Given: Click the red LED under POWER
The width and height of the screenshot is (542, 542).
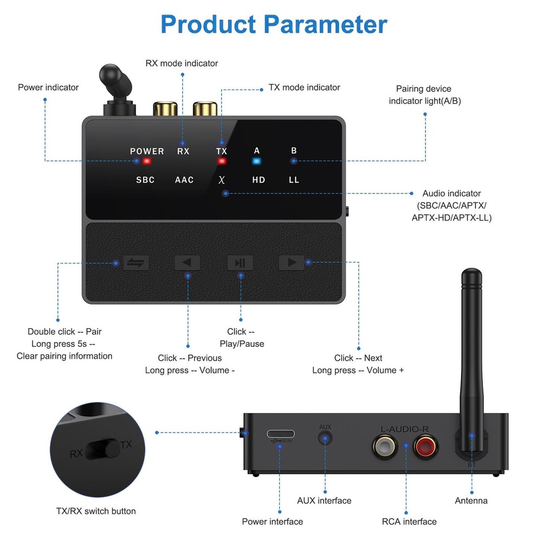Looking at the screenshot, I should coord(146,161).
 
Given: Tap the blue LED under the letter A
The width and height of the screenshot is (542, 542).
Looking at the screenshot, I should coord(257,161).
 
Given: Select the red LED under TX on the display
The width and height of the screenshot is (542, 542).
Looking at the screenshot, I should coord(222,161).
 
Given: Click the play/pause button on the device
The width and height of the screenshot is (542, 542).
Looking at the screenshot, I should coord(240,263).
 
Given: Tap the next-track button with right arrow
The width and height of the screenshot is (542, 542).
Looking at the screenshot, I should coord(292,263).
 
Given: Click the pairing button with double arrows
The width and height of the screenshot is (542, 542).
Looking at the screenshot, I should coord(135,263).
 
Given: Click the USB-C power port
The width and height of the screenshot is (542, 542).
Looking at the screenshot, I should coord(281,434).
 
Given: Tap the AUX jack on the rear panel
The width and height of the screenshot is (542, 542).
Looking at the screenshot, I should coord(325,438).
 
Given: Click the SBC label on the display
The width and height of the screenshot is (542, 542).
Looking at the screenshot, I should coord(145,180).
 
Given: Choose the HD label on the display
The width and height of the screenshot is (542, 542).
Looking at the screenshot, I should coord(259,180).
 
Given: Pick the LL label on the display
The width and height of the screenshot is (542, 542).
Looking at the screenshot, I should coord(294,180).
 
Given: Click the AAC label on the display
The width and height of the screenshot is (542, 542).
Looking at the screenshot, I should coord(184,180).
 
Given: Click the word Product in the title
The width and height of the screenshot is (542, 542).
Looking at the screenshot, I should coord(208,24).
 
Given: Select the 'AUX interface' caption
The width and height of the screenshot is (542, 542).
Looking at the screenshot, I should coord(324,501).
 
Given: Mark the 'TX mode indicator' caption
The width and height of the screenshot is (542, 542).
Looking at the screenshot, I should coord(305,87).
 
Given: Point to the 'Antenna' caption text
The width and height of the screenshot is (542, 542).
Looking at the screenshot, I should coord(471,501).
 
